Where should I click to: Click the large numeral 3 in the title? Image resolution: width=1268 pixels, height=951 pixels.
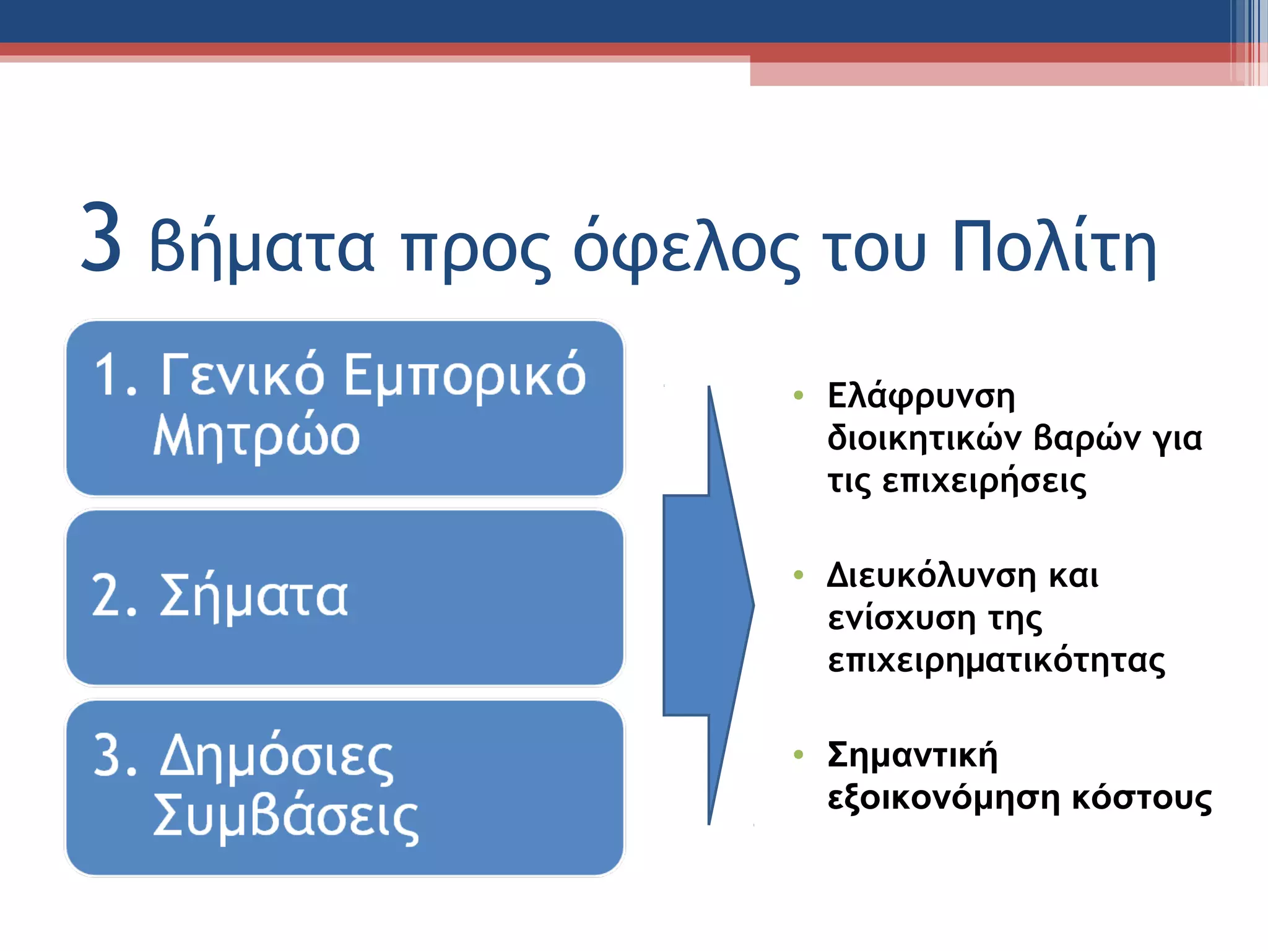102,238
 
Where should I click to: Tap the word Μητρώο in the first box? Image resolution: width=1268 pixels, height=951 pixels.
256,436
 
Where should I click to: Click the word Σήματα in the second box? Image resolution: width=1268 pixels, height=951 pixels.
254,596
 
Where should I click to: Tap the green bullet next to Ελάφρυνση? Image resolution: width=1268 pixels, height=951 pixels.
798,395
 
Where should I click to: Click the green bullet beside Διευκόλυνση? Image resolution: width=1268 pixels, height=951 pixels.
798,575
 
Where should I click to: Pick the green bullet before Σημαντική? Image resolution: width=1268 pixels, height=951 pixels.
798,754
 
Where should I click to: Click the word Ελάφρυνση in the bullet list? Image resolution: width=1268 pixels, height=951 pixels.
921,396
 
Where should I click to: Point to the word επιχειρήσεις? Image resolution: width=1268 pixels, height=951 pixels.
984,482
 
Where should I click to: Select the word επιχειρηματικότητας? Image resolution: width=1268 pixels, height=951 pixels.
996,661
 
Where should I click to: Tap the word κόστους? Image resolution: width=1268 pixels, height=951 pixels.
1142,799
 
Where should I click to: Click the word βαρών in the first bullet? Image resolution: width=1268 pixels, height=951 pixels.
1087,439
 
